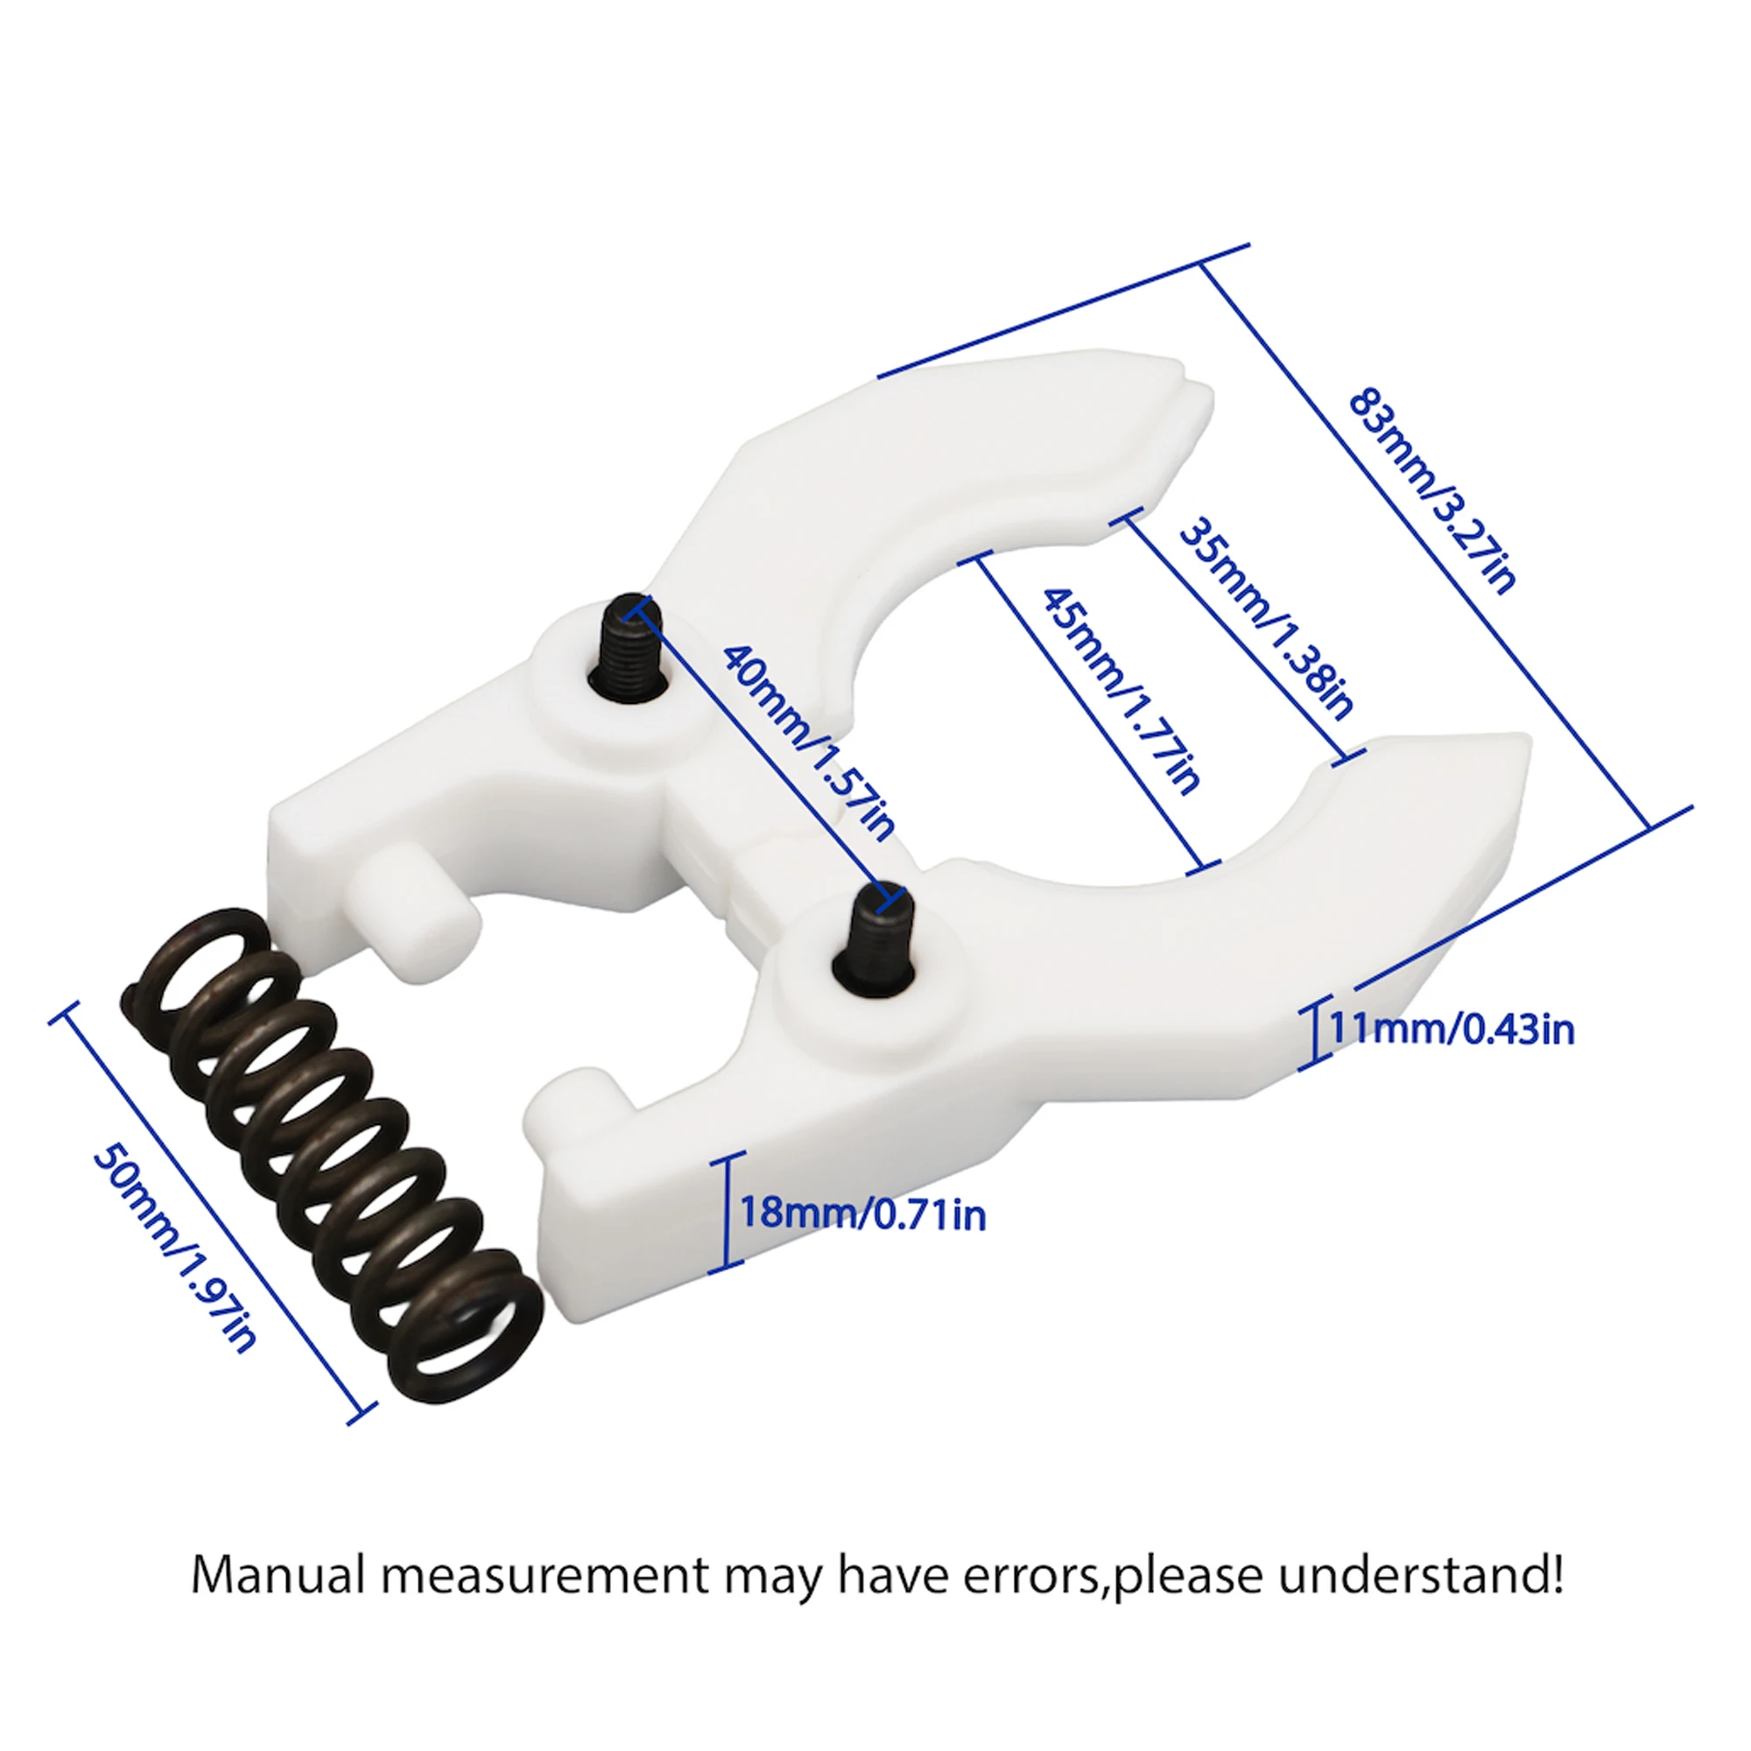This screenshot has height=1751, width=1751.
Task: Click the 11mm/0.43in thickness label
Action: pyautogui.click(x=1451, y=1030)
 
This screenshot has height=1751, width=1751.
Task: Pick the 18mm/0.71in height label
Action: pyautogui.click(x=863, y=1213)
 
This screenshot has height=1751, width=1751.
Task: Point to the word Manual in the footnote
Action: pyautogui.click(x=278, y=1576)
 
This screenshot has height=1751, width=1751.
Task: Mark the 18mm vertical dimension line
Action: pyautogui.click(x=727, y=1213)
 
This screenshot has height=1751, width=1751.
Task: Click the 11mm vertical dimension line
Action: pyautogui.click(x=1315, y=1032)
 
